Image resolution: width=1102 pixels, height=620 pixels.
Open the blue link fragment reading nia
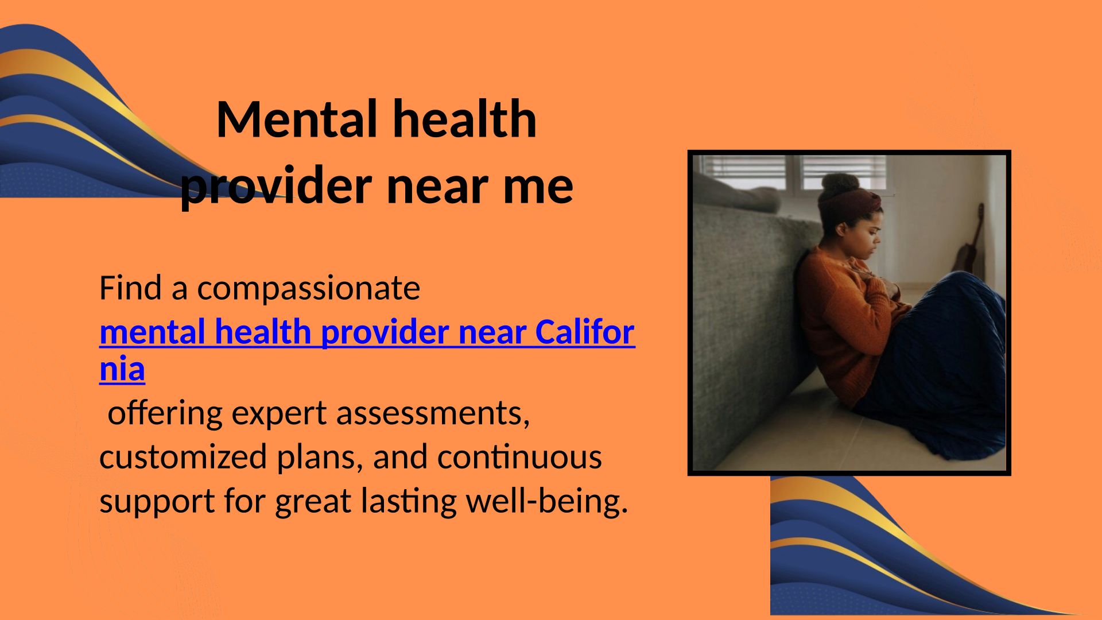click(x=122, y=369)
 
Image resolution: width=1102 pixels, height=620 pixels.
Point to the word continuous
click(x=519, y=457)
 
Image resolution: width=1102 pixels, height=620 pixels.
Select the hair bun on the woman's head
click(x=840, y=185)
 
